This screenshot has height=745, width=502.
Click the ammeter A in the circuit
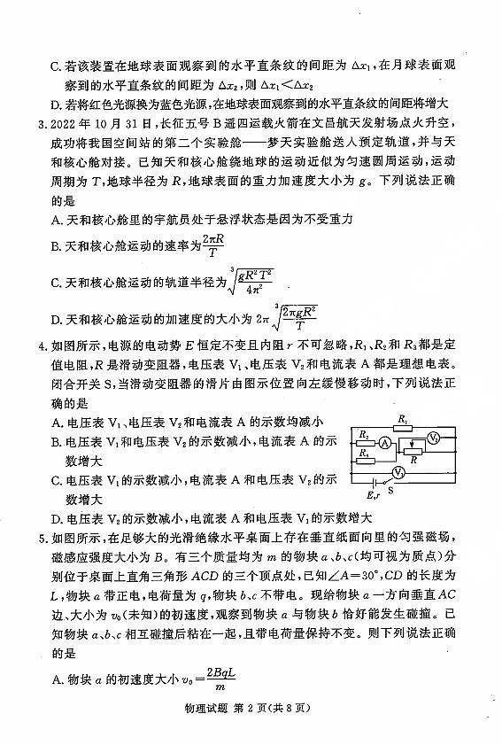[x=386, y=441]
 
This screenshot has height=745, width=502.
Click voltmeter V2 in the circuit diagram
[x=434, y=438]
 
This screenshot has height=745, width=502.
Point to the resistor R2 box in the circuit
[x=364, y=441]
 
